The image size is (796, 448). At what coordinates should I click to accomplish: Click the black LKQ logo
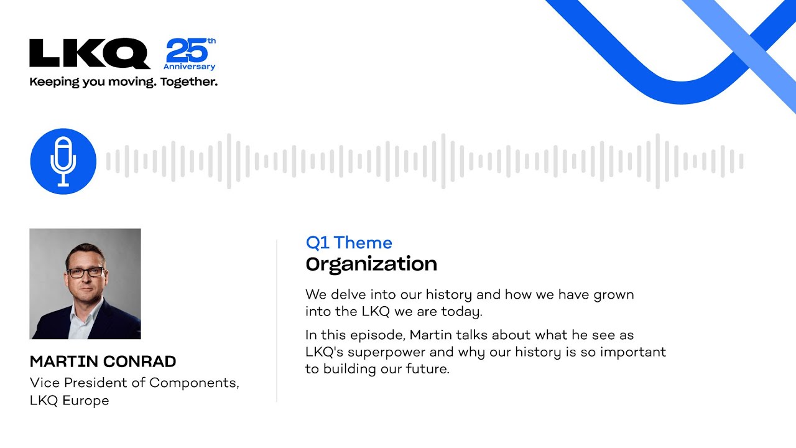pos(90,54)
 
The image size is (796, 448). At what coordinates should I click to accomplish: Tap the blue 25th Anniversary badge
pos(190,54)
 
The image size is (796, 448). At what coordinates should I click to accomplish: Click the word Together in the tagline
pos(188,82)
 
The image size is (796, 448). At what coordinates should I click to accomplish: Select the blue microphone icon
pos(63,161)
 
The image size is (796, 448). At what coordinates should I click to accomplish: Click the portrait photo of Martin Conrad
pos(85,284)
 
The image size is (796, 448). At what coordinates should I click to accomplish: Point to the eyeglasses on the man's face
pos(86,273)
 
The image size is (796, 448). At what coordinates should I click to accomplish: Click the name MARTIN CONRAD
pos(103,362)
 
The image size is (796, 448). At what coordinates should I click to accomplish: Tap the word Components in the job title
pos(194,383)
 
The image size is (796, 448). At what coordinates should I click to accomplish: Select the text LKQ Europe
pos(69,401)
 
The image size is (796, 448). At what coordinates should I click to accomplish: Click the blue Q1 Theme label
pos(349,243)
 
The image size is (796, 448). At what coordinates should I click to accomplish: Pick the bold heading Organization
pos(371,264)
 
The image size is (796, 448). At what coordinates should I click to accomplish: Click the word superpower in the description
pos(386,352)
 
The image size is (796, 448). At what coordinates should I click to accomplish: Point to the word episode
pos(377,335)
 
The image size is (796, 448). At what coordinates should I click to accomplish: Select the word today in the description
pos(461,312)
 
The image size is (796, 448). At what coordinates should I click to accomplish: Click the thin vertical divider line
pos(277,321)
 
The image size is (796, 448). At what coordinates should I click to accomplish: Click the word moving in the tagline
pos(132,82)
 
